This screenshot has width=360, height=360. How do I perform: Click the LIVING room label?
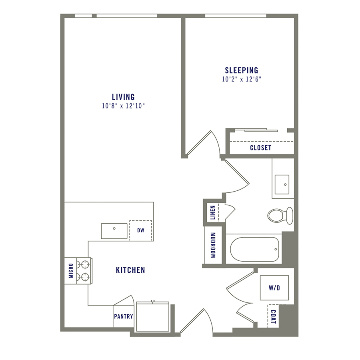click(123, 97)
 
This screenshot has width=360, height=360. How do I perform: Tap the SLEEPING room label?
click(241, 70)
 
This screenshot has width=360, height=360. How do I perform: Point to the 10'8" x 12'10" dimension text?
click(123, 106)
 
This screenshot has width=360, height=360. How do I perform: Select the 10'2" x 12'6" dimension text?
click(241, 79)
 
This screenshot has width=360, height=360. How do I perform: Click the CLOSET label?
click(260, 148)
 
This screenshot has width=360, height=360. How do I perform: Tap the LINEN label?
click(213, 212)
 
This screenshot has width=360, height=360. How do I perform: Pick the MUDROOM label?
click(213, 245)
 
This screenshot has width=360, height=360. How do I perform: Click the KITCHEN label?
click(130, 270)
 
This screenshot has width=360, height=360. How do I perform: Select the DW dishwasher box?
click(140, 230)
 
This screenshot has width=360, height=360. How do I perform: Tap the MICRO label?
click(71, 271)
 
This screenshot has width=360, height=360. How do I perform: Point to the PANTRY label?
click(123, 316)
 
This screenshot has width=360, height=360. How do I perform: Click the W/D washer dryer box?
click(274, 288)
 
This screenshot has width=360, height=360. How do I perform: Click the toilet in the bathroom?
click(280, 215)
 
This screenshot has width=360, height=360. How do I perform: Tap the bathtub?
click(254, 249)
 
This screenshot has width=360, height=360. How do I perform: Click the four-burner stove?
click(84, 270)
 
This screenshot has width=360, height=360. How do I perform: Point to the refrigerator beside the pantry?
click(152, 316)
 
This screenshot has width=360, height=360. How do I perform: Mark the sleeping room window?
click(236, 16)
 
